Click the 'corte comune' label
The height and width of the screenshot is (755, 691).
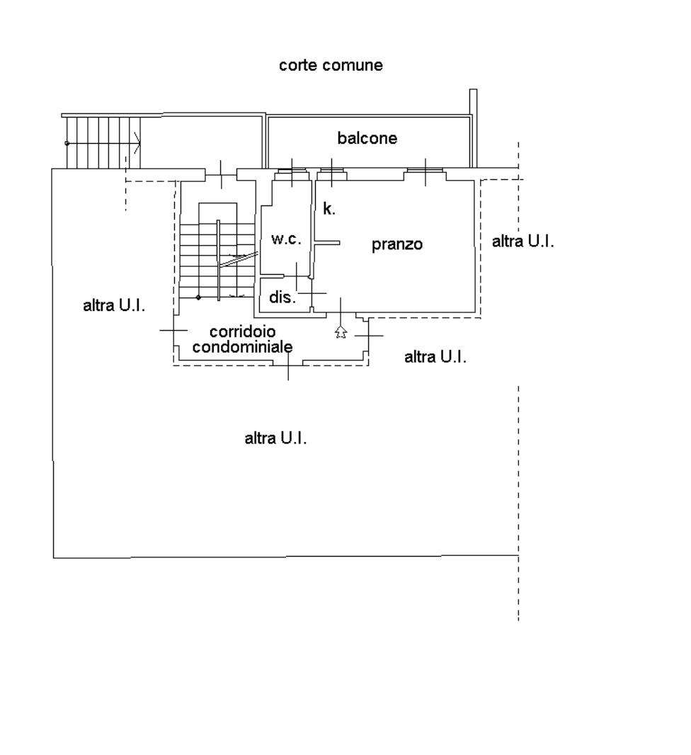(331, 65)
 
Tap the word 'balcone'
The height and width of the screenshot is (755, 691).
(367, 138)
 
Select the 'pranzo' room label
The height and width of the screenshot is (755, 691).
(397, 244)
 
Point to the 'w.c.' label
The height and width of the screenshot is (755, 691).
(286, 239)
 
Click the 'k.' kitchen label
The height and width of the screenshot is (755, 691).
(329, 209)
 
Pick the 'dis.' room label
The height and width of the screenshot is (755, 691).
(282, 297)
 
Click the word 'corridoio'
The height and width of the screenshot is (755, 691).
(243, 331)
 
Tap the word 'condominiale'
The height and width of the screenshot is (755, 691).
(243, 346)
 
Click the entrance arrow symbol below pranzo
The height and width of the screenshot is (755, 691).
(341, 331)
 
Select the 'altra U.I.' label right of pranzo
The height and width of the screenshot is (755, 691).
(522, 242)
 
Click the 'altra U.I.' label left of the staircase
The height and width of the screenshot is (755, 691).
(114, 305)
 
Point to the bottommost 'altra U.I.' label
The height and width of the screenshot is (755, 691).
(275, 438)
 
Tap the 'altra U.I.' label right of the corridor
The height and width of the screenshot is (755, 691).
(435, 357)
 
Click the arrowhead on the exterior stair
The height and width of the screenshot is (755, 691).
(137, 143)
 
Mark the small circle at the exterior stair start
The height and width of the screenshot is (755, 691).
(67, 143)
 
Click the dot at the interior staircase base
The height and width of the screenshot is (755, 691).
(198, 297)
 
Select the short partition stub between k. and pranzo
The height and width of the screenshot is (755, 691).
(327, 243)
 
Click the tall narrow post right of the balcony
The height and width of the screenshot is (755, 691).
(474, 128)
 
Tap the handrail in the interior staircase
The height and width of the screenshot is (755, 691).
(218, 260)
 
